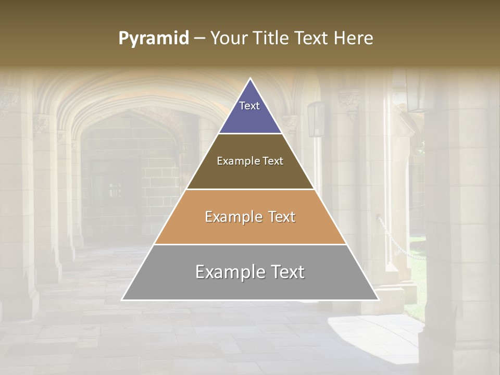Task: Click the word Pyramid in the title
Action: [153, 38]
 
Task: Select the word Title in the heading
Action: [273, 38]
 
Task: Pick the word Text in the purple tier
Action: [249, 106]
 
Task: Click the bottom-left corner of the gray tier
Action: [122, 300]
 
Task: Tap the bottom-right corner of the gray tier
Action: [379, 300]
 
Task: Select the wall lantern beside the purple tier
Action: [316, 119]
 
